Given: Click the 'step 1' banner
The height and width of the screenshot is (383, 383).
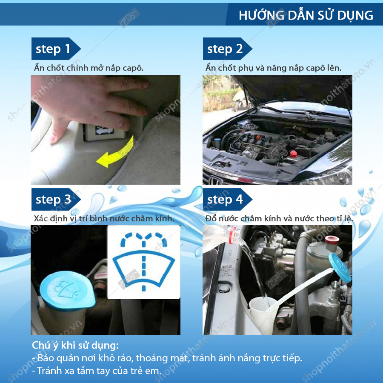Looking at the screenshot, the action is [x=56, y=49].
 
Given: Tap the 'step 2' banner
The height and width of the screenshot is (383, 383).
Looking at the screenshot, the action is [x=227, y=49].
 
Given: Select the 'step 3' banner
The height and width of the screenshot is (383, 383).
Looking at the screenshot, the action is [x=56, y=199].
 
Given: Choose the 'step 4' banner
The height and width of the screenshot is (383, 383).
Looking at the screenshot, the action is [x=227, y=199].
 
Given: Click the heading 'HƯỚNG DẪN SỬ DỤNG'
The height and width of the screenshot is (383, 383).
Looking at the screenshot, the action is [x=306, y=15].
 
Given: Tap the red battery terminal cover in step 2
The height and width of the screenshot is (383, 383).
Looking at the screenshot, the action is [x=293, y=154].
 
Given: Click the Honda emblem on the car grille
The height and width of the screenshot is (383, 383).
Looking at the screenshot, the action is [x=215, y=181].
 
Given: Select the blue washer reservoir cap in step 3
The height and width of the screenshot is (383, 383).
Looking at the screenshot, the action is [x=67, y=291].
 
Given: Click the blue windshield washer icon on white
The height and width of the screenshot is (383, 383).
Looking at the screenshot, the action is [x=144, y=262].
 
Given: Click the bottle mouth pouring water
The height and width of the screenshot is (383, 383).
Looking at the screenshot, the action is [x=235, y=234].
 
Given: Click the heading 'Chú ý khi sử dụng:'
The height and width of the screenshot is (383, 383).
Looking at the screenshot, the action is [x=75, y=346].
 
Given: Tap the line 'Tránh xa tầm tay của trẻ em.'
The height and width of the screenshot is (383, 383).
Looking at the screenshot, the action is [x=97, y=371].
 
